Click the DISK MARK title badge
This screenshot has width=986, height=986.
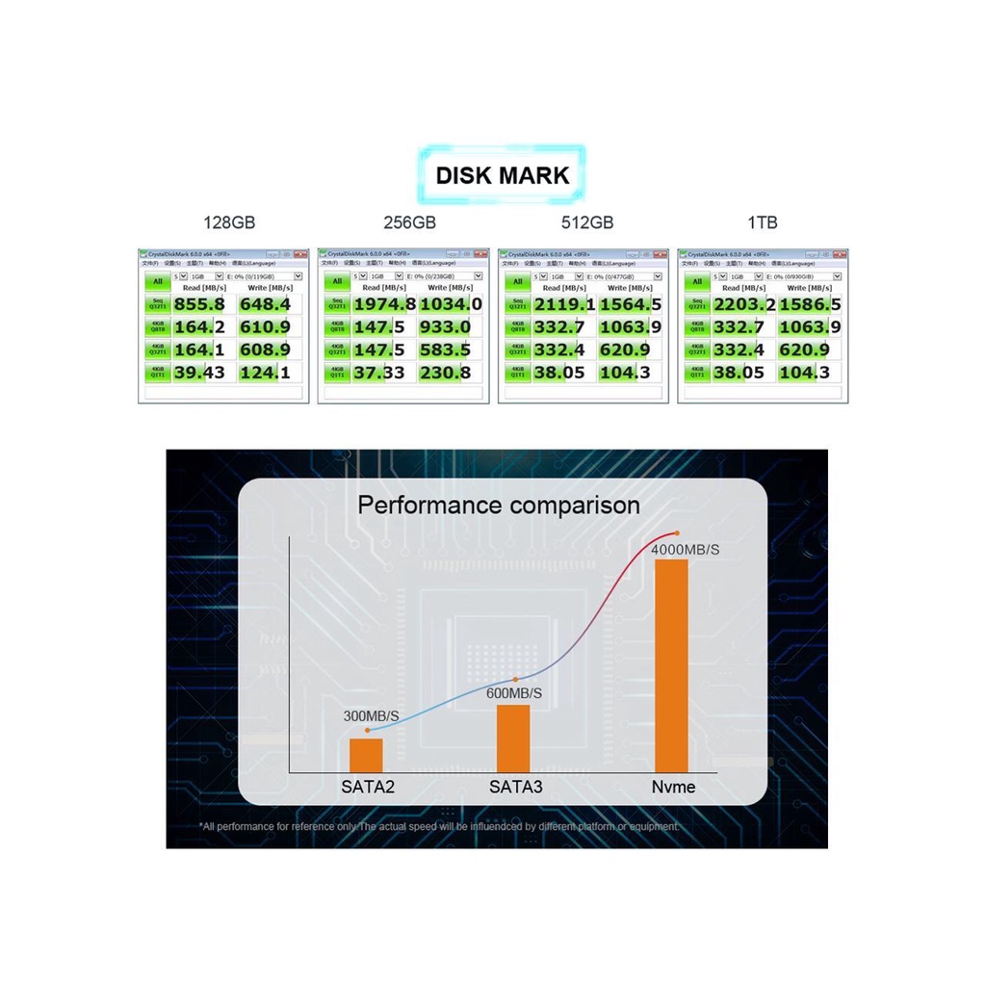pos(503,175)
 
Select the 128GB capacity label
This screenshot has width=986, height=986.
pos(230,222)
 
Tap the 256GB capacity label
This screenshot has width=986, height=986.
pos(410,222)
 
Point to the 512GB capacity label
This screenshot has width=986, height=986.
pos(587,222)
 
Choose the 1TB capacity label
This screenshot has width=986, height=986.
pos(762,222)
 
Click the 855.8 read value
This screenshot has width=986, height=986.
pos(199,304)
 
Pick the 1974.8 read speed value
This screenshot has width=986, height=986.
pos(384,304)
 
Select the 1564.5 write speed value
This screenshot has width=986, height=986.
pos(630,304)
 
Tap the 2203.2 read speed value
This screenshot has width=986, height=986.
pos(744,304)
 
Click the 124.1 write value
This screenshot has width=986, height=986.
pos(265,373)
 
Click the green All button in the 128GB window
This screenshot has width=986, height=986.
pos(157,281)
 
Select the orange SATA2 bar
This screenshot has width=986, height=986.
pos(366,754)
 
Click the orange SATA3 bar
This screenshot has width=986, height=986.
pos(513,738)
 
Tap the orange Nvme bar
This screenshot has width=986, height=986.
pos(671,665)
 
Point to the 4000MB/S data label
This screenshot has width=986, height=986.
pos(686,549)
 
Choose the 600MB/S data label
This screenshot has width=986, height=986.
pos(514,693)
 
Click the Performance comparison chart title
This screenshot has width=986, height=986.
pos(499,505)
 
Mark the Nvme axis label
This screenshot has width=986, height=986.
pos(672,788)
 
